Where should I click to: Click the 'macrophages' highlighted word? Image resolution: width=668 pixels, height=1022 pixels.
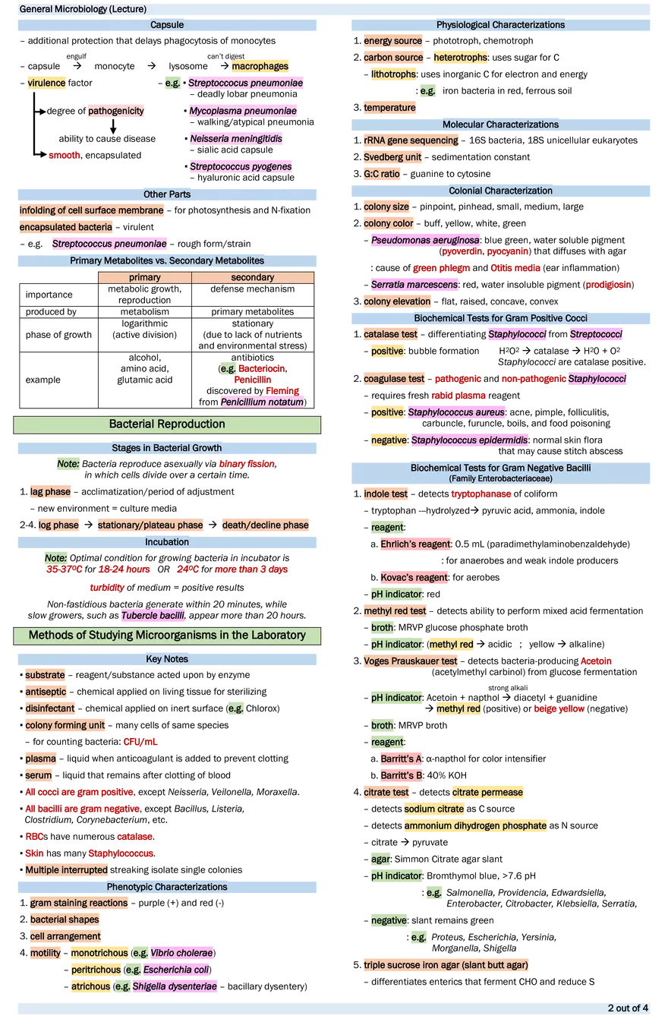tap(260, 67)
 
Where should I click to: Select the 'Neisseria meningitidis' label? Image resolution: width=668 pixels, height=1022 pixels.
tap(236, 139)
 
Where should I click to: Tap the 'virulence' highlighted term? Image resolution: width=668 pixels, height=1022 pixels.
tap(46, 83)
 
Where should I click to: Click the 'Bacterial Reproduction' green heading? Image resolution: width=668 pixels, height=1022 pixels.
tap(167, 424)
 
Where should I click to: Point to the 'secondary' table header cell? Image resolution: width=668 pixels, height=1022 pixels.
tap(252, 278)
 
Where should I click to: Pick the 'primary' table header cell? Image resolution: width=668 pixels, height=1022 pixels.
tap(144, 278)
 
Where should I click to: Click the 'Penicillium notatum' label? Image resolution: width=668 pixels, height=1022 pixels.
tap(262, 402)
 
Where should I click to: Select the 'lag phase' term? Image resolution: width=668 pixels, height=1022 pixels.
tap(50, 492)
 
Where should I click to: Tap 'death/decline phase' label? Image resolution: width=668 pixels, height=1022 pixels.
tap(266, 525)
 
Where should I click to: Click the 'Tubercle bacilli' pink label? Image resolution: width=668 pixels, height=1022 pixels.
tap(153, 616)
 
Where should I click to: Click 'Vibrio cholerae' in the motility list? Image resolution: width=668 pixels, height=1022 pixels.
tap(181, 953)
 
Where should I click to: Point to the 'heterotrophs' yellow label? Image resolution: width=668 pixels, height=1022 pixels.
tap(461, 58)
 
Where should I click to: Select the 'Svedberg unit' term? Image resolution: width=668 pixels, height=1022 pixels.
tap(393, 157)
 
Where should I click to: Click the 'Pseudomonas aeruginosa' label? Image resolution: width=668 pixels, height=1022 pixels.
tap(425, 241)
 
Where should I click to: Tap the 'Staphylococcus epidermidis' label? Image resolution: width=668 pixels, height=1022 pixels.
tap(470, 440)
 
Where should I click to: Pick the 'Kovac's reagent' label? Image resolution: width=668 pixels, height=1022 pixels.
tap(414, 578)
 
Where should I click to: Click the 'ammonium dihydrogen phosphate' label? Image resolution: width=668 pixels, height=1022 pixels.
tap(475, 825)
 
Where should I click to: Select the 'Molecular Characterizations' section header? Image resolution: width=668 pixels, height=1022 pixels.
tap(500, 125)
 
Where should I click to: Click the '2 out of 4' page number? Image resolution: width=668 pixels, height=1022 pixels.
tap(627, 1008)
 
